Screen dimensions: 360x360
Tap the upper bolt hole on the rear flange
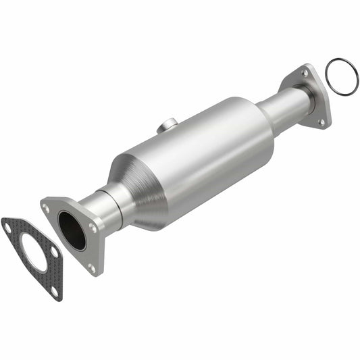(306, 72)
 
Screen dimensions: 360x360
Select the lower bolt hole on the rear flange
(322, 122)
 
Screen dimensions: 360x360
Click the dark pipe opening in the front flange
(72, 230)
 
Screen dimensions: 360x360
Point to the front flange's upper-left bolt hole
(47, 209)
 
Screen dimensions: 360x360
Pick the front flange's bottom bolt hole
(91, 267)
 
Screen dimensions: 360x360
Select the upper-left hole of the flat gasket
(8, 228)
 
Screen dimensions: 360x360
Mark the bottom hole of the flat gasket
(53, 290)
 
